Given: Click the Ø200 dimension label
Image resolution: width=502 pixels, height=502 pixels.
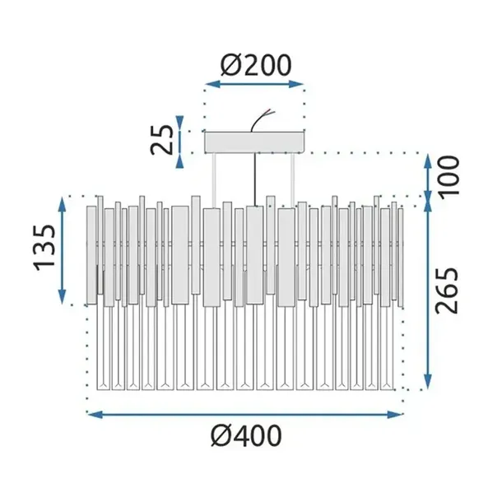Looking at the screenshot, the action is (x=256, y=65).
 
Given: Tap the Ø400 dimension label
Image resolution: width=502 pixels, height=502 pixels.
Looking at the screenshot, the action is (x=246, y=435).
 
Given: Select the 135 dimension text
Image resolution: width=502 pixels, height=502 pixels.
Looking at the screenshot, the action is (x=44, y=248).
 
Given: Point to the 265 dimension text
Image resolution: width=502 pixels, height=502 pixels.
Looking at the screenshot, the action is (x=447, y=290).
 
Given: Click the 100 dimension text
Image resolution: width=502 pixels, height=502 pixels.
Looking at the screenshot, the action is (x=449, y=177).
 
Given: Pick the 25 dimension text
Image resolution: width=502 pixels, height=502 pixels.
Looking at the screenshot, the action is (x=162, y=140).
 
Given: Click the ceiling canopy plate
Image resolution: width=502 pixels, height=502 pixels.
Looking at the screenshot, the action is (x=255, y=142).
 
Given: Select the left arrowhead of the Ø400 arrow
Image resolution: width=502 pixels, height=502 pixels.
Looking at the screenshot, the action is (x=95, y=415).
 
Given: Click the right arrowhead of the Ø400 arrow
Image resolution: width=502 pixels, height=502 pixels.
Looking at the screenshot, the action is (x=395, y=415).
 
